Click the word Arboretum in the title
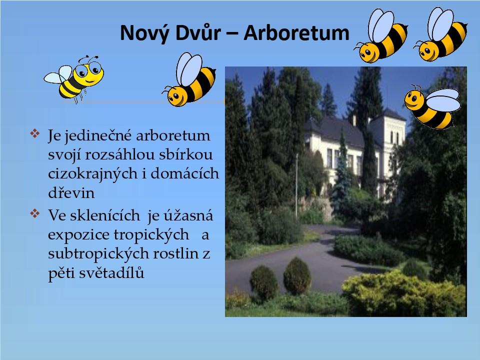296,32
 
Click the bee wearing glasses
74,78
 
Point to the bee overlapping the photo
432,106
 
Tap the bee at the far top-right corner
441,34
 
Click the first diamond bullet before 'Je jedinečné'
35,133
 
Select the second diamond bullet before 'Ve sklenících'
35,213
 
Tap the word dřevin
71,193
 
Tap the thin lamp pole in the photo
296,187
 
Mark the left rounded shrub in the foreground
264,282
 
